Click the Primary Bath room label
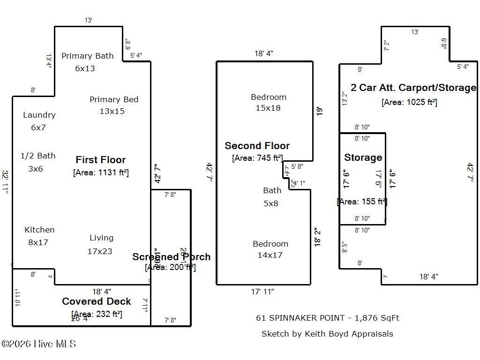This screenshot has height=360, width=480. (x=87, y=56)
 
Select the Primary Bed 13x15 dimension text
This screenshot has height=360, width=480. (x=112, y=111)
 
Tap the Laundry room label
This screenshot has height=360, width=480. (x=39, y=115)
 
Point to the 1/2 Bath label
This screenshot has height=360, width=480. (x=38, y=156)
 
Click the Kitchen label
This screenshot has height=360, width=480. (x=39, y=230)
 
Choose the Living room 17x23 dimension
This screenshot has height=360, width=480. (x=100, y=251)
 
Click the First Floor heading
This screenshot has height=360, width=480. (x=101, y=160)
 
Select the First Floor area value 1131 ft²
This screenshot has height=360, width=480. (x=101, y=172)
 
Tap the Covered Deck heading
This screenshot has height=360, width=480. (x=97, y=301)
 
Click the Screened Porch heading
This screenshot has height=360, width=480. (x=171, y=257)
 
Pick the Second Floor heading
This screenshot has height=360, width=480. (x=257, y=146)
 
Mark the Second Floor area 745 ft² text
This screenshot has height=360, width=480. (x=257, y=158)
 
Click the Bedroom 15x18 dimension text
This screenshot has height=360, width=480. (x=268, y=108)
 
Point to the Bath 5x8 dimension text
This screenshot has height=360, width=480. (x=271, y=203)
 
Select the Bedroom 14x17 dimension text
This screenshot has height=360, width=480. (x=270, y=255)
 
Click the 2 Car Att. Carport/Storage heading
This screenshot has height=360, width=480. (x=413, y=88)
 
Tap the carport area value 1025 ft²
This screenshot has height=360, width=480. (x=409, y=102)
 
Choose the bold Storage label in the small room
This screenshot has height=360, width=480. (x=363, y=157)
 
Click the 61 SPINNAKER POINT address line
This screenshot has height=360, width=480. (x=327, y=318)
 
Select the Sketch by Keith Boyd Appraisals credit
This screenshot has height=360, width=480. (x=327, y=334)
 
